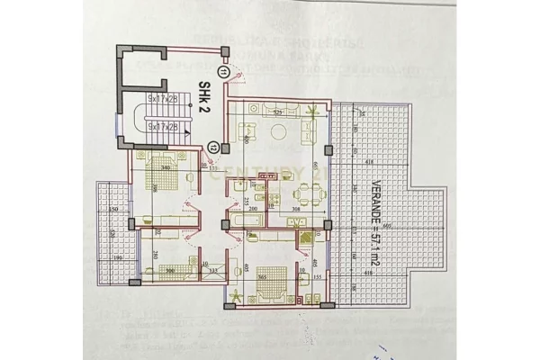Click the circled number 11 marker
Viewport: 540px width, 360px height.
click(x=222, y=73)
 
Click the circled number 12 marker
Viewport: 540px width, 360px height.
click(x=212, y=145)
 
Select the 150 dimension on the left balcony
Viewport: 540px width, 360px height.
click(x=114, y=210)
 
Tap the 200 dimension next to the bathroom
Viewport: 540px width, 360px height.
click(x=255, y=209)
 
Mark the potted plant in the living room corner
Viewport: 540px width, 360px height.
click(x=311, y=112)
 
